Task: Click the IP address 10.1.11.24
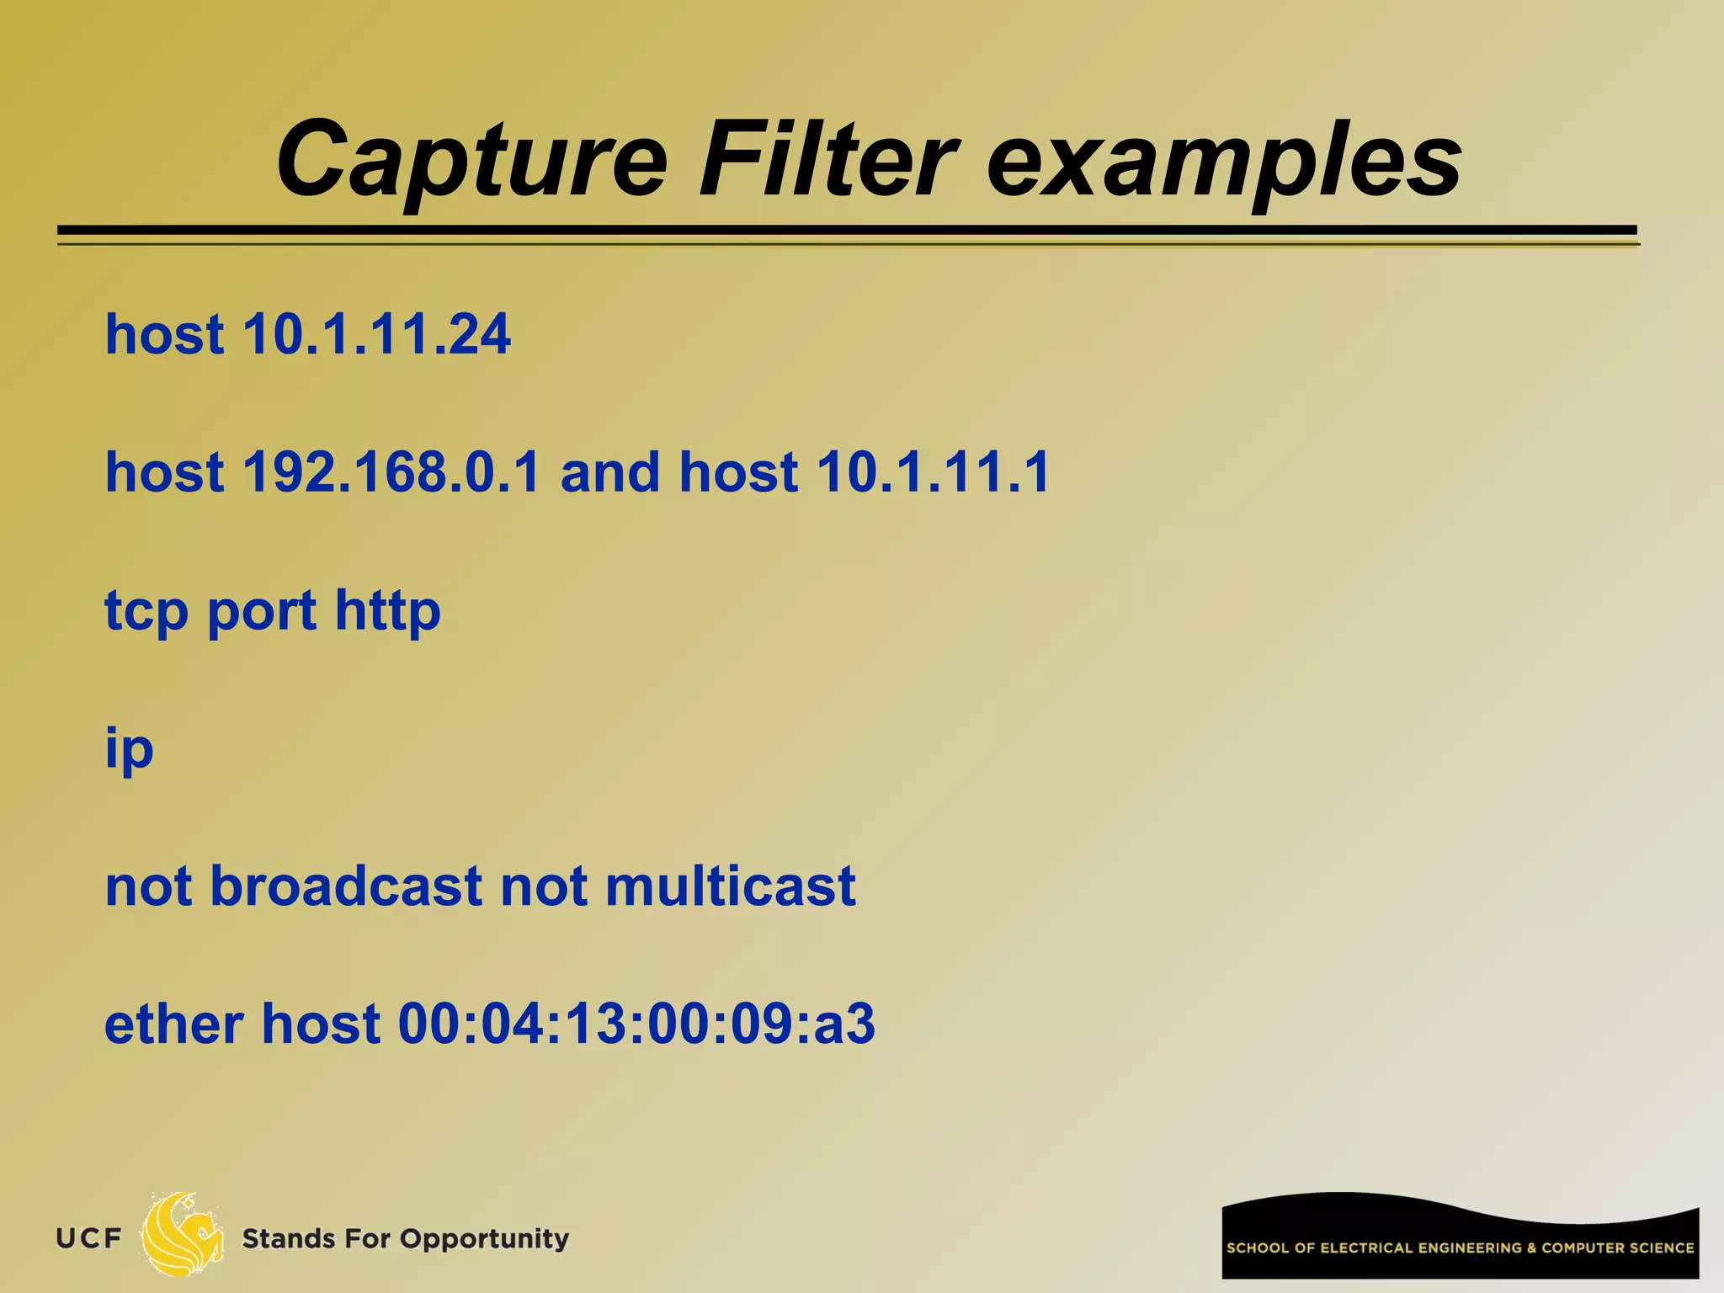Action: (376, 335)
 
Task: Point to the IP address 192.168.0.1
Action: (391, 472)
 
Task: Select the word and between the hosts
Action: (610, 472)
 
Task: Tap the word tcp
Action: (146, 611)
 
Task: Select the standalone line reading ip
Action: (129, 749)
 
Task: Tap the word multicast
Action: (729, 886)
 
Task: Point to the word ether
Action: (173, 1024)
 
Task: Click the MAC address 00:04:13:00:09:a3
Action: (636, 1024)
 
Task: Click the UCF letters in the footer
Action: (88, 1238)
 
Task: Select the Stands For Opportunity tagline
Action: (405, 1239)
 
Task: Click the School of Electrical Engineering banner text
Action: (1460, 1248)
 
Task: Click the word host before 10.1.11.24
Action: (164, 335)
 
